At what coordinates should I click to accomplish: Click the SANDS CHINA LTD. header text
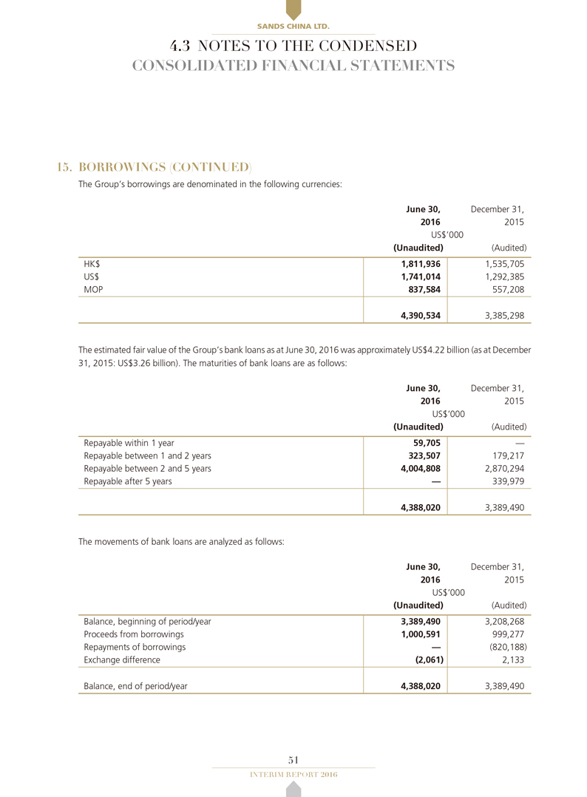point(293,27)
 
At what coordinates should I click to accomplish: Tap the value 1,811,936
point(419,262)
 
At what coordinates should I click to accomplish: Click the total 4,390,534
point(419,316)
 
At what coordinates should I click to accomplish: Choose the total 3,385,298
point(501,316)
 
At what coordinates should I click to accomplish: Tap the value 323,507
point(423,456)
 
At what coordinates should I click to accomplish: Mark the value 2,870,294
point(501,469)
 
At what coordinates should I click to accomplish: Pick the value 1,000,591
point(419,634)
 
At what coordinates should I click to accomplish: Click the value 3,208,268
point(501,621)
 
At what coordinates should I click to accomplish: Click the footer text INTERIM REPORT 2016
point(293,773)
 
